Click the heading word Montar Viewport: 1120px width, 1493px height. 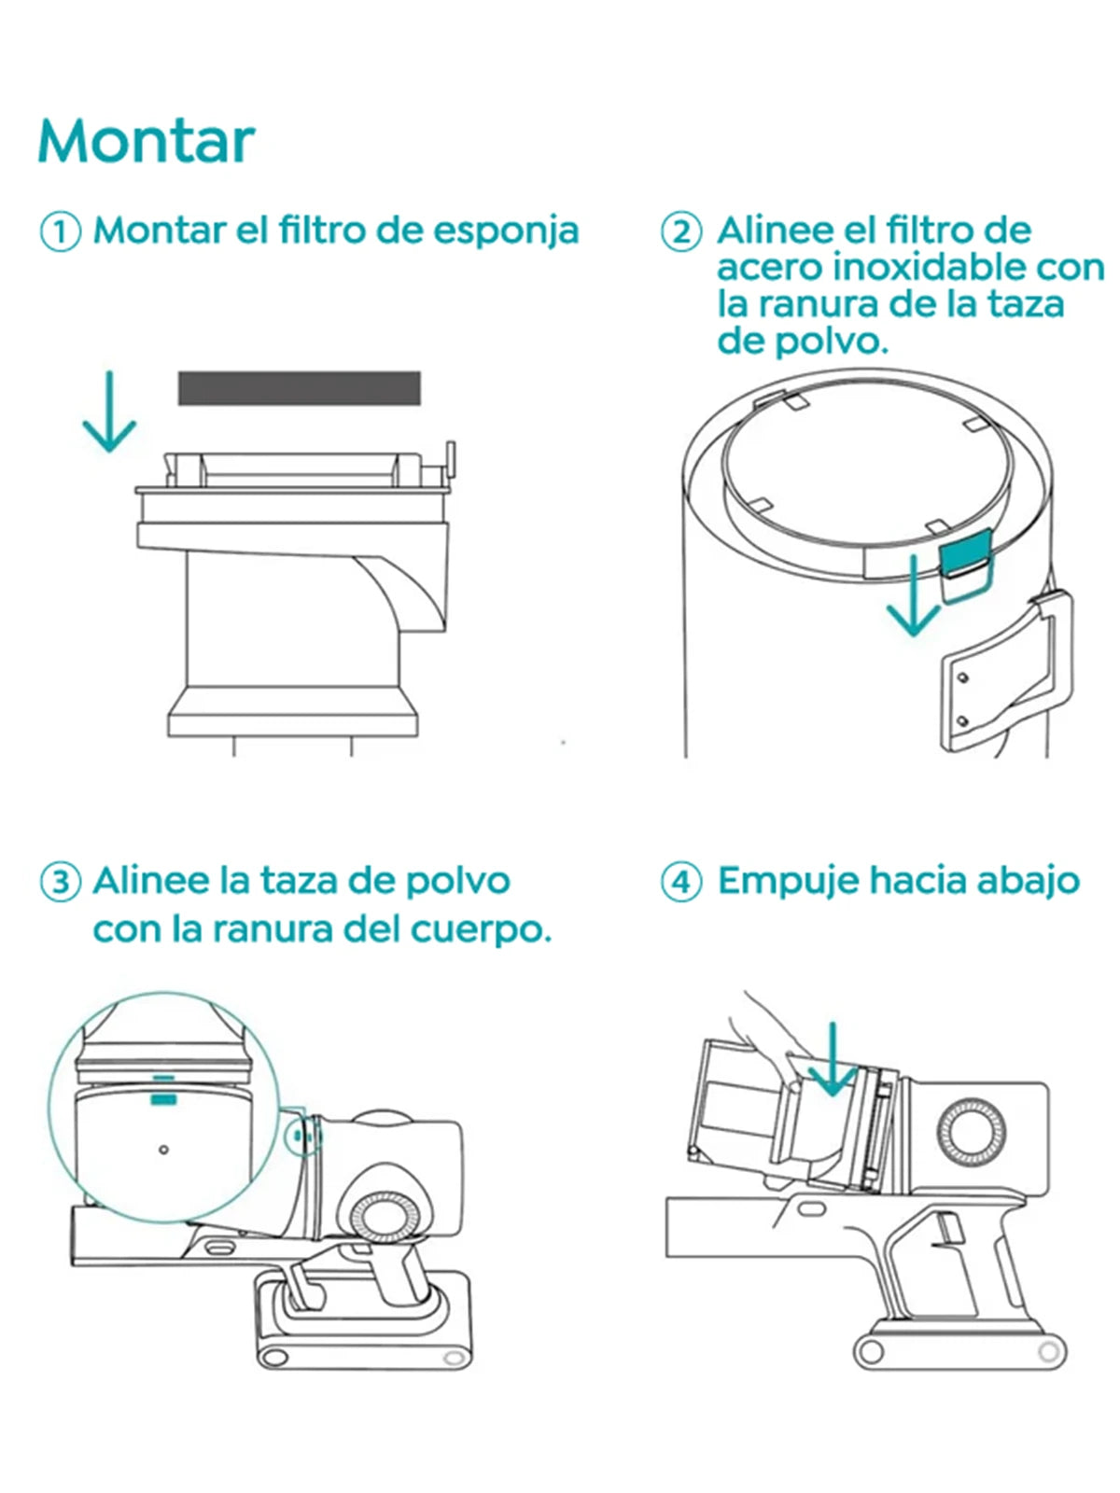tap(147, 141)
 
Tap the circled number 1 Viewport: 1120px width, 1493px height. tap(61, 232)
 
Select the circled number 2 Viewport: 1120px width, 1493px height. tap(680, 232)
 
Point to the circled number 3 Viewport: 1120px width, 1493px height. tap(61, 882)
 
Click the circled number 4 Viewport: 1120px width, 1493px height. tap(680, 882)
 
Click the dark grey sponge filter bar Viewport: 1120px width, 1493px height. tap(300, 388)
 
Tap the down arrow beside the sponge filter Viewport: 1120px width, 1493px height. tap(109, 412)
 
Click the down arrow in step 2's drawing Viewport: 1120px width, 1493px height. tap(914, 596)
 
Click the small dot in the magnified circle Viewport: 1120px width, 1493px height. tap(163, 1150)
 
